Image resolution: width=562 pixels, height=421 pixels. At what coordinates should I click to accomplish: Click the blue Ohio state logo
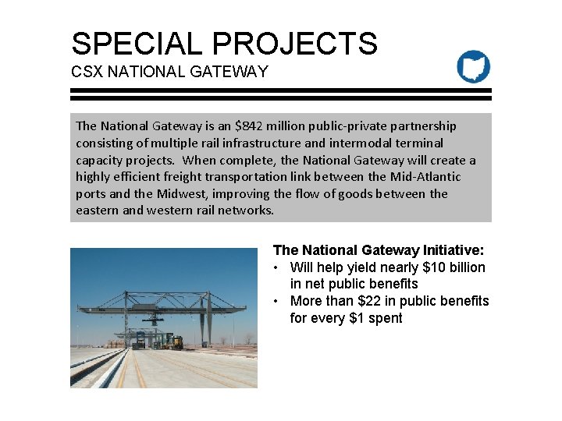tap(474, 67)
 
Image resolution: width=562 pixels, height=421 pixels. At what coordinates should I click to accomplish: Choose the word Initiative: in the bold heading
tap(448, 250)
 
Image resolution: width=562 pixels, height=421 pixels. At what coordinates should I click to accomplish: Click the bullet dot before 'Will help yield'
tap(277, 267)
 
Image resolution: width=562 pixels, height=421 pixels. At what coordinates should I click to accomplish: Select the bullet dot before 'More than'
tap(277, 301)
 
